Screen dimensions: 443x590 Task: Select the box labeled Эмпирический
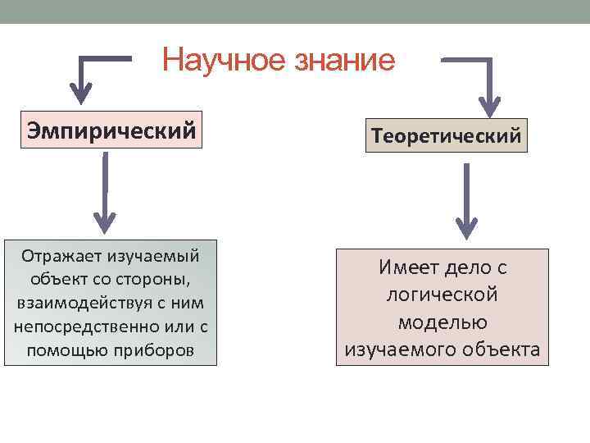point(111,130)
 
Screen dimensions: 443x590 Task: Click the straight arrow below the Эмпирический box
point(104,193)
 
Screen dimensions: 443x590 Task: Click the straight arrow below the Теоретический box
point(466,201)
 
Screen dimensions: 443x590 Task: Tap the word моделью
point(442,322)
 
